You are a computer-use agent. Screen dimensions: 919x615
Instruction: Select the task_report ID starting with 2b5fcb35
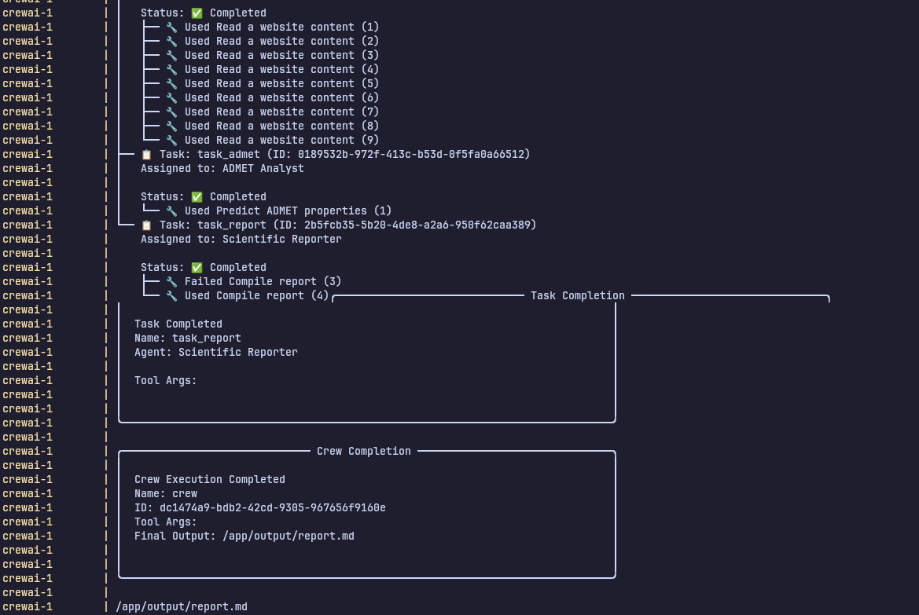417,225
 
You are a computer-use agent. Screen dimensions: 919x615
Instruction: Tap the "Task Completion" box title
577,296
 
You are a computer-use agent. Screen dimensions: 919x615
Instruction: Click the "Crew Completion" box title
363,451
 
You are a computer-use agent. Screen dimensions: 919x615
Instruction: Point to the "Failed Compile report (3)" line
263,282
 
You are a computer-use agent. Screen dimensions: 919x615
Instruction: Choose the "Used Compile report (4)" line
257,296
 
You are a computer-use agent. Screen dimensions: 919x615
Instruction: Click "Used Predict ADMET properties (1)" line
288,210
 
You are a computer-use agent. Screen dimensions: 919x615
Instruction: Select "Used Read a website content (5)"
282,83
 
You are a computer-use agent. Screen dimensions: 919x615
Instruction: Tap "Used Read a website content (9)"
282,140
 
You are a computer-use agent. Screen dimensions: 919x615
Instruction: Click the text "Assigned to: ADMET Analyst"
222,169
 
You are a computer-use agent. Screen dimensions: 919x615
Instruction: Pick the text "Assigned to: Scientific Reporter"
241,239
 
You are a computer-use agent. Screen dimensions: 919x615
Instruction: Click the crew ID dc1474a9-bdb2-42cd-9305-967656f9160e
273,508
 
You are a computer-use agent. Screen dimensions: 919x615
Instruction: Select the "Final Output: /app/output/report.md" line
244,536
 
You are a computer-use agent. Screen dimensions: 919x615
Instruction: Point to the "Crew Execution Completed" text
210,480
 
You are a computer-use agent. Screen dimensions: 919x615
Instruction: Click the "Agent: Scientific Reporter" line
215,352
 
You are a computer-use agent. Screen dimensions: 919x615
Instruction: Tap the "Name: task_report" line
188,338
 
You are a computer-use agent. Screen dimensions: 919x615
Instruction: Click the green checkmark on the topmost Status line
197,13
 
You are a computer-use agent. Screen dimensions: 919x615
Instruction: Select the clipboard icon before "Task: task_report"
146,225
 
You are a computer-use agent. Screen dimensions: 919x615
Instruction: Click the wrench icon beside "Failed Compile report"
171,282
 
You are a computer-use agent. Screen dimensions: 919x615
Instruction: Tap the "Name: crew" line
166,494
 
